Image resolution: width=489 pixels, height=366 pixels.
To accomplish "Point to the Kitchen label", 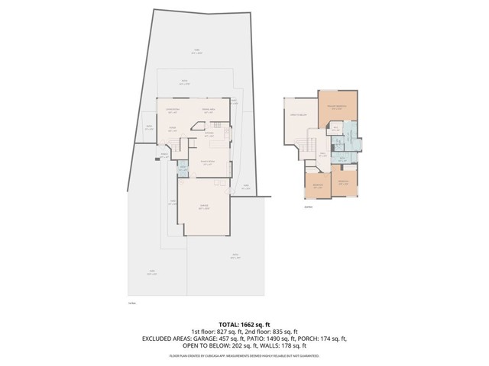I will tap(208, 135).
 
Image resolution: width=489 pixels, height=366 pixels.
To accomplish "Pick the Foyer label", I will tap(173, 128).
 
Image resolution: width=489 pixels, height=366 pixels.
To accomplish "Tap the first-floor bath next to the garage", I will tap(183, 169).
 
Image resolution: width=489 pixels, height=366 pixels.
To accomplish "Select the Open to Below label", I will tap(298, 114).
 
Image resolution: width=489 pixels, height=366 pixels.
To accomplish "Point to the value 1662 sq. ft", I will tap(256, 324).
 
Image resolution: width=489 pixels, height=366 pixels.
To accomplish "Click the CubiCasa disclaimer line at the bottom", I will tap(244, 355).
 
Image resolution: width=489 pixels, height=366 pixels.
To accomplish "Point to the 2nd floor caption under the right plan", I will tap(308, 206).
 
